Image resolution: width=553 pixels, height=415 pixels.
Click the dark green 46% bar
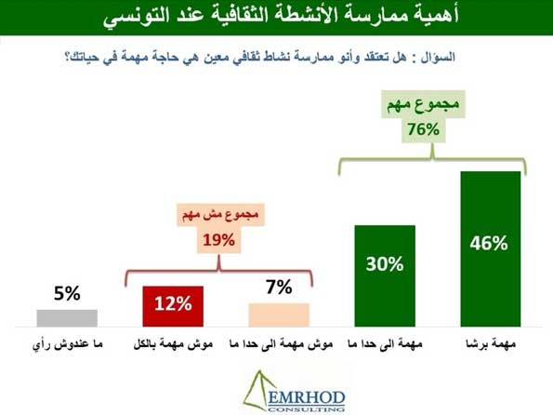click(491, 249)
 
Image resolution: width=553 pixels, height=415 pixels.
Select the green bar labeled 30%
click(385, 275)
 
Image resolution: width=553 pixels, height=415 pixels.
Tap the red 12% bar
click(173, 306)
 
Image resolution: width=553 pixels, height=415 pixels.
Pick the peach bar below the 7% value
click(279, 315)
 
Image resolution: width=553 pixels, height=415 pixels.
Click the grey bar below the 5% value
click(67, 318)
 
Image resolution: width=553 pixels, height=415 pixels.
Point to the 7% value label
click(279, 287)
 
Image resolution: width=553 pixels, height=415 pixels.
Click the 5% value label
click(67, 293)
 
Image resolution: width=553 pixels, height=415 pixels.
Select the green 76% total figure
click(424, 129)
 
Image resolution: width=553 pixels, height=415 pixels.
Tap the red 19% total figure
click(218, 240)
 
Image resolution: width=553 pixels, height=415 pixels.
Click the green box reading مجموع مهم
click(423, 104)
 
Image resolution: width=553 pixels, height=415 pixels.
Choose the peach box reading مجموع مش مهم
click(221, 214)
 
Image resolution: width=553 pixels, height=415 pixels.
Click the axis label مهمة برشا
click(491, 343)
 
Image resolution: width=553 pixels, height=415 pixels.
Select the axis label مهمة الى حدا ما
click(385, 343)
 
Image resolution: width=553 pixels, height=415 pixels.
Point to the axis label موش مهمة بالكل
click(173, 344)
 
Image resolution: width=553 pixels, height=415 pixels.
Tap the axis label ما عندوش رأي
click(67, 344)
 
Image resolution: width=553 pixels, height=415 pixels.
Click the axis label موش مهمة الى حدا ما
click(281, 343)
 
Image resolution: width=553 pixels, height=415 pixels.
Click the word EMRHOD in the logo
click(306, 398)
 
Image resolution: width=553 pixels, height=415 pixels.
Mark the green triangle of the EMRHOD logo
click(257, 391)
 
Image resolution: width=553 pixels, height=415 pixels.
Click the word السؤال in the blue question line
click(438, 57)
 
